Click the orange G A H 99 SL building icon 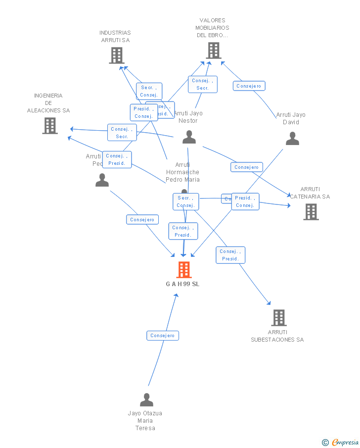tap(184, 270)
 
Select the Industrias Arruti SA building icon tap(116, 55)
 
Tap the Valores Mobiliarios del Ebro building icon tap(213, 50)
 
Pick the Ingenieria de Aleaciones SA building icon tap(49, 126)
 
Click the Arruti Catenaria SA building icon tap(311, 212)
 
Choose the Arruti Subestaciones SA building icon tap(279, 318)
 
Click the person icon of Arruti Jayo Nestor tap(189, 137)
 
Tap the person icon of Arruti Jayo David tap(292, 139)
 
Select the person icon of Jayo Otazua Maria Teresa tap(146, 399)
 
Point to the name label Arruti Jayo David tap(291, 118)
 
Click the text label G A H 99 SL tap(183, 284)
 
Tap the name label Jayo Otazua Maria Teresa tap(145, 420)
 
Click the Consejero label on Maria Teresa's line tap(163, 336)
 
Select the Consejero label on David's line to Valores tap(249, 86)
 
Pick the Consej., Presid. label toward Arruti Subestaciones tap(230, 255)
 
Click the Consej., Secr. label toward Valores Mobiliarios tap(203, 84)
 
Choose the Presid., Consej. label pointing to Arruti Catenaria tap(245, 201)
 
